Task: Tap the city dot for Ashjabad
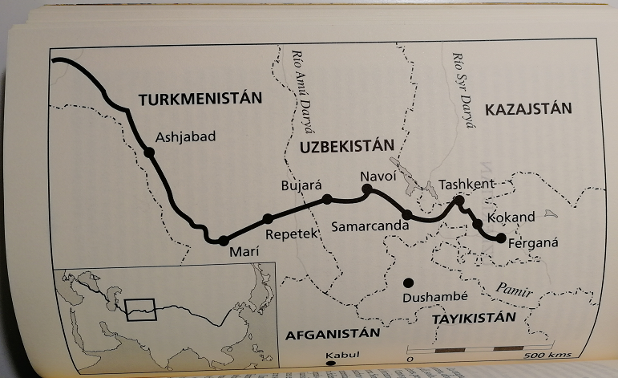coord(149,152)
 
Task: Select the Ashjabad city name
coord(186,136)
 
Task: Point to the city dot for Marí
coord(224,239)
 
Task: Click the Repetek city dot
coord(268,219)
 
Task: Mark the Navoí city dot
coord(367,189)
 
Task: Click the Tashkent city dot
coord(459,198)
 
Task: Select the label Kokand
coord(511,217)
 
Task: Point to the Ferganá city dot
coord(501,238)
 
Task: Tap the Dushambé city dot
coord(408,282)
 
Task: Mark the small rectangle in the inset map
coord(141,307)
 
